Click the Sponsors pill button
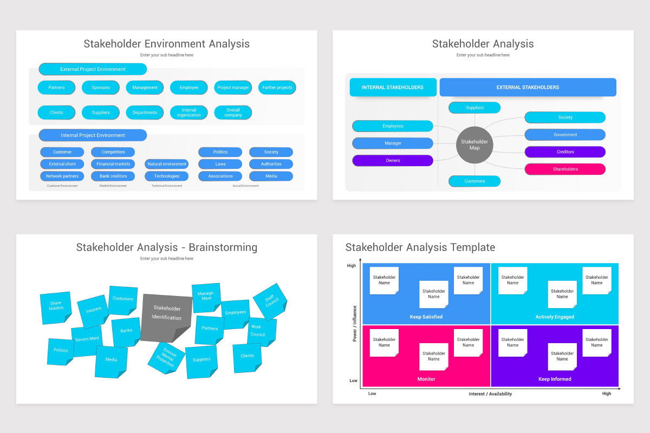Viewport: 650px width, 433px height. (x=101, y=88)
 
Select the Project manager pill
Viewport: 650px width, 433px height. (x=233, y=88)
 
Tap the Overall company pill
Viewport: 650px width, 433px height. (x=233, y=113)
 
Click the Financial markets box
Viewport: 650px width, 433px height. (x=113, y=164)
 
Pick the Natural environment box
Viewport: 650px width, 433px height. (x=167, y=164)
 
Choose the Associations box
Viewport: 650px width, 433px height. (x=220, y=176)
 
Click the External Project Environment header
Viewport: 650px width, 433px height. (x=93, y=69)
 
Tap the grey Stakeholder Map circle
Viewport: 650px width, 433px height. (x=474, y=145)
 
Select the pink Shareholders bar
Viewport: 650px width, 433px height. (x=565, y=169)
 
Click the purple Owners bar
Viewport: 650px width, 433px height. (x=393, y=161)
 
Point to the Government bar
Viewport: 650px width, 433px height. (x=565, y=135)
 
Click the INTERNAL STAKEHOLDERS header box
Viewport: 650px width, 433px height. (x=393, y=87)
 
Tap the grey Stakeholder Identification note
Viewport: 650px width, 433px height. (x=166, y=317)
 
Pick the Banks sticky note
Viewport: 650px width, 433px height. (x=126, y=331)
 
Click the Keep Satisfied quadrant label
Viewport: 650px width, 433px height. (x=426, y=317)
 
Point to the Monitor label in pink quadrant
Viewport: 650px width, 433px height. (x=426, y=379)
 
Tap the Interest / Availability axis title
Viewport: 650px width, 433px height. (x=490, y=394)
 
